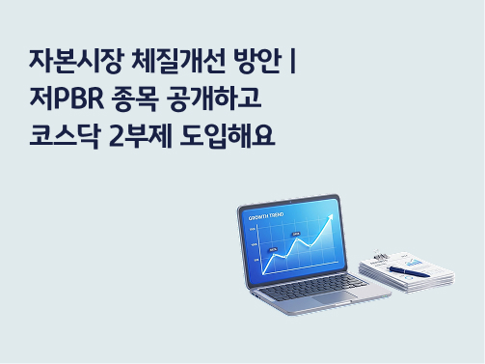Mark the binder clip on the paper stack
[x=380, y=255]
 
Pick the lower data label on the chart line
[x=273, y=249]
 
